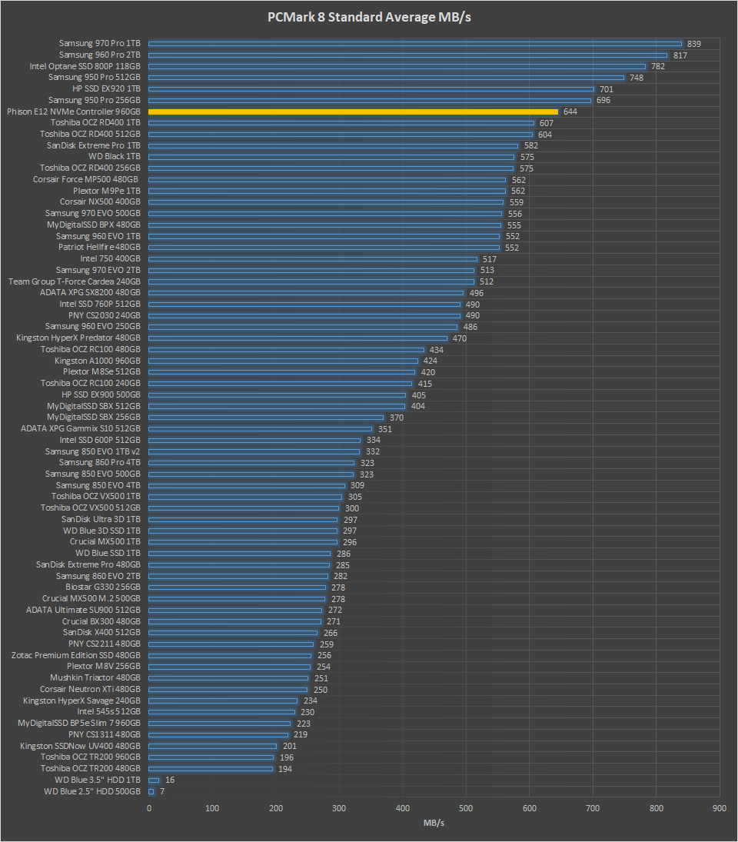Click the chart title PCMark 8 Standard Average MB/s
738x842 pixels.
(x=368, y=17)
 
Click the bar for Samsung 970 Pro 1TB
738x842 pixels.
(x=415, y=44)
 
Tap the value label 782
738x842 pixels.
(x=658, y=66)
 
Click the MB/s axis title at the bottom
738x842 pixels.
(x=434, y=824)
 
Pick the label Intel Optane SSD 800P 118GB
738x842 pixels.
(x=85, y=66)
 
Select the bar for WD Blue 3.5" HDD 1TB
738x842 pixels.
(x=154, y=780)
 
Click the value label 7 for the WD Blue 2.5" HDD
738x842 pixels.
(x=162, y=791)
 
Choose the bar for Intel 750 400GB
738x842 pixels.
(x=312, y=259)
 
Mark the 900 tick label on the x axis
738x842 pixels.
(x=720, y=808)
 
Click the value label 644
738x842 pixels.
(x=570, y=111)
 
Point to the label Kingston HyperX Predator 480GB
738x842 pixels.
(x=78, y=338)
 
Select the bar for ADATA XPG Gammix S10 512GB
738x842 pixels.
(x=260, y=429)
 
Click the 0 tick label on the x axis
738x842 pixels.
(x=149, y=808)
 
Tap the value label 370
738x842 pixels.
(x=397, y=418)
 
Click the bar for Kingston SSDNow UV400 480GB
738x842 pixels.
(x=212, y=746)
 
